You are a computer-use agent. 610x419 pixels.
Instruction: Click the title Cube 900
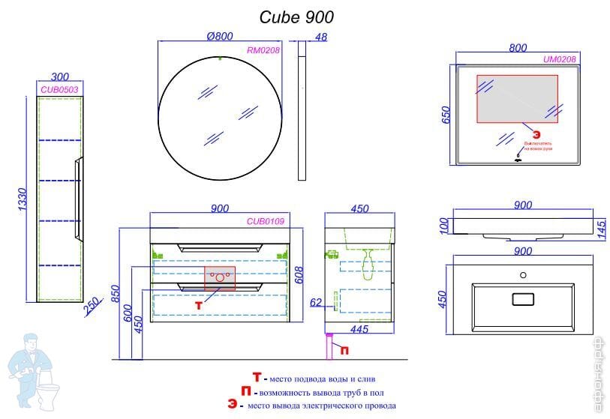point(296,16)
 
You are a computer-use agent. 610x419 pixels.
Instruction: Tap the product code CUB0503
point(59,89)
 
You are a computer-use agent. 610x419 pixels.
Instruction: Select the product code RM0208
point(263,51)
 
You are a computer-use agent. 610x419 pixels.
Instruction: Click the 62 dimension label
point(317,303)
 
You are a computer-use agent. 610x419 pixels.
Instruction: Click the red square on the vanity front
point(220,277)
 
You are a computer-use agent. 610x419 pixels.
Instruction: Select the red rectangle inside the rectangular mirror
point(518,99)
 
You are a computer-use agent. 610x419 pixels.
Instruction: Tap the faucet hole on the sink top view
point(523,274)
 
